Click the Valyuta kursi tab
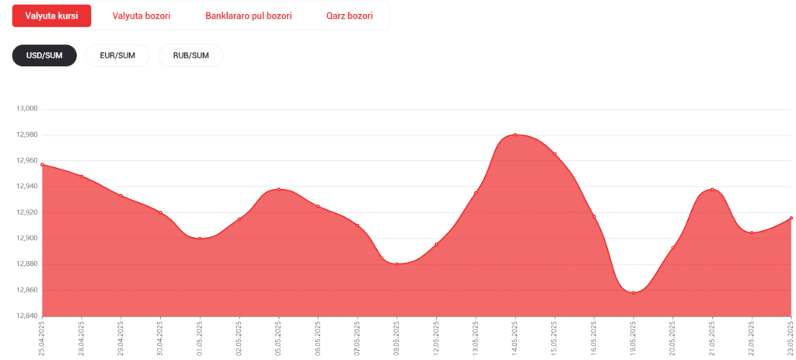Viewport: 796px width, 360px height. (52, 16)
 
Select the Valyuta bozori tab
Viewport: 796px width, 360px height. (141, 16)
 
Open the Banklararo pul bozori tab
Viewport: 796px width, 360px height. (248, 16)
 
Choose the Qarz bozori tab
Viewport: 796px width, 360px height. (349, 16)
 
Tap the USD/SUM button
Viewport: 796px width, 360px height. (44, 55)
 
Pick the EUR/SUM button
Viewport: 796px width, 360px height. (118, 55)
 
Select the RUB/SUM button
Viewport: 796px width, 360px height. (191, 55)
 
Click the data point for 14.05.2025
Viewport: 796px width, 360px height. (515, 135)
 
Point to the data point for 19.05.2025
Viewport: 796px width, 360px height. (634, 292)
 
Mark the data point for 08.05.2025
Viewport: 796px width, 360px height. (397, 264)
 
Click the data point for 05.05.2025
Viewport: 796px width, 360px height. (279, 190)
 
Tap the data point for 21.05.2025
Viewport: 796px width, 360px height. (712, 190)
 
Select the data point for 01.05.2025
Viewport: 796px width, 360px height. (200, 238)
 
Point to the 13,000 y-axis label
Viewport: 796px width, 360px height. (28, 109)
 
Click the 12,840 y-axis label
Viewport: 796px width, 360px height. (28, 316)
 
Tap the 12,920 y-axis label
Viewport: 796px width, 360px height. (28, 212)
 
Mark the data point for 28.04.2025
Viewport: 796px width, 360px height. (81, 177)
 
